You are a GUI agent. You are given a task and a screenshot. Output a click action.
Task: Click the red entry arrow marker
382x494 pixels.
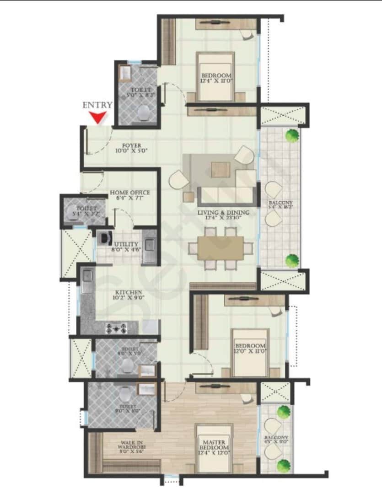(97, 118)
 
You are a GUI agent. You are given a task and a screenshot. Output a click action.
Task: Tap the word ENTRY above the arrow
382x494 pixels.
(97, 105)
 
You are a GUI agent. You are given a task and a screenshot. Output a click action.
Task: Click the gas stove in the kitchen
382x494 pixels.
(116, 328)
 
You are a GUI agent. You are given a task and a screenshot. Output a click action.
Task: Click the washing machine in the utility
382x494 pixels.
(105, 237)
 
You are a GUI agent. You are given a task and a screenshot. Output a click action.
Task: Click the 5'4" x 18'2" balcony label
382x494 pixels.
(280, 204)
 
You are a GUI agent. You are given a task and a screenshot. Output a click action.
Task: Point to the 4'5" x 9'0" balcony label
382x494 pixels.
(276, 440)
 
